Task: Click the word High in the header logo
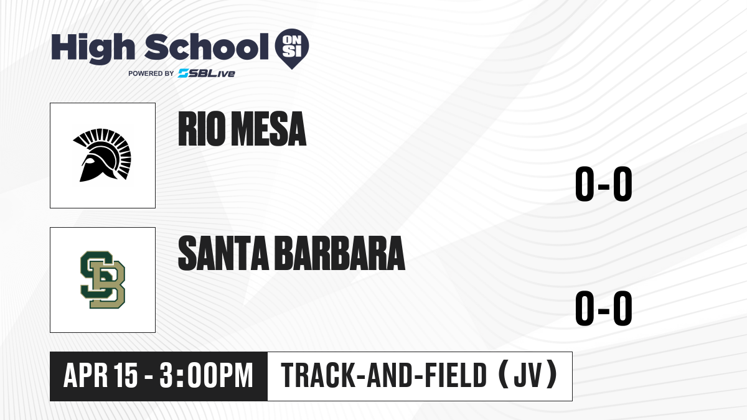93,49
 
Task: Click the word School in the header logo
207,47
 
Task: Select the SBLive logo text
207,73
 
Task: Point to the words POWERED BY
151,73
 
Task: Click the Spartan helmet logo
102,155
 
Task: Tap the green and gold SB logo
103,279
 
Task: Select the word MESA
269,129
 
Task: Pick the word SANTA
223,253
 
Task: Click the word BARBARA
341,253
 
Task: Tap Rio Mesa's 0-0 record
604,184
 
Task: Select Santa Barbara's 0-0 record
604,308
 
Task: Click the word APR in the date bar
85,375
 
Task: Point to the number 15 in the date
125,375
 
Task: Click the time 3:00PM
206,375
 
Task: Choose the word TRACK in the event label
317,375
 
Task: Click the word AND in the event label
389,375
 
